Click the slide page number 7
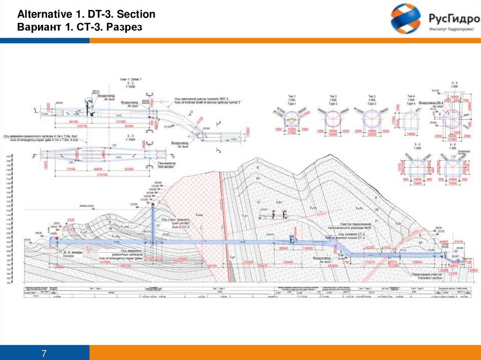[x=45, y=352]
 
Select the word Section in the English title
[x=137, y=15]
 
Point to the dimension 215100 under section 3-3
[x=100, y=175]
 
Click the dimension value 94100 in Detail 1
[x=73, y=122]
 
